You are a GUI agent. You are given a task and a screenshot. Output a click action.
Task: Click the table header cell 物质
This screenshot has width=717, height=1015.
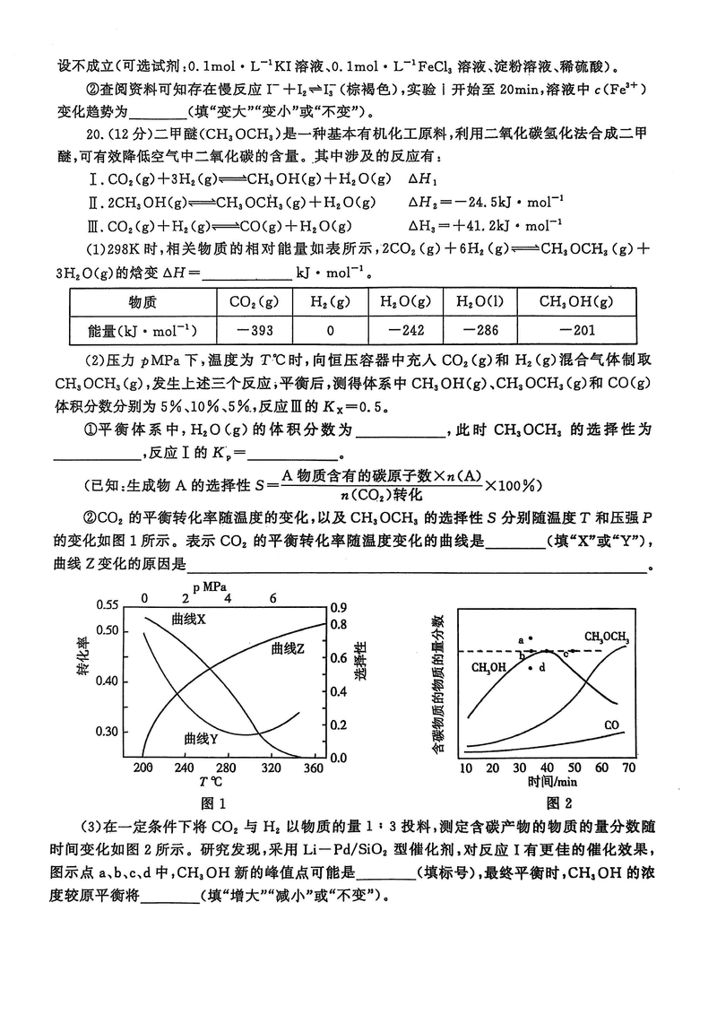point(143,301)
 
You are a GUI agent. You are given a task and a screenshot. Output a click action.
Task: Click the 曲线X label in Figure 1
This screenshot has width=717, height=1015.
point(188,620)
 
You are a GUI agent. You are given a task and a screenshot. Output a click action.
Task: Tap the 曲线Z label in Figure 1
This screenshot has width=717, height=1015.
point(289,647)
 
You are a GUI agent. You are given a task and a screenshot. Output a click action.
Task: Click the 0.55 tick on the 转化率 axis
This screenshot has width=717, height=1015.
point(107,605)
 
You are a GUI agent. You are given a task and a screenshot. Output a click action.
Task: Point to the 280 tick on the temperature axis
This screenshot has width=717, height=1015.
point(251,768)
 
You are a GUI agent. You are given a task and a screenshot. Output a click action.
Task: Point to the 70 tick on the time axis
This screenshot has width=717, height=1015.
point(628,768)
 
